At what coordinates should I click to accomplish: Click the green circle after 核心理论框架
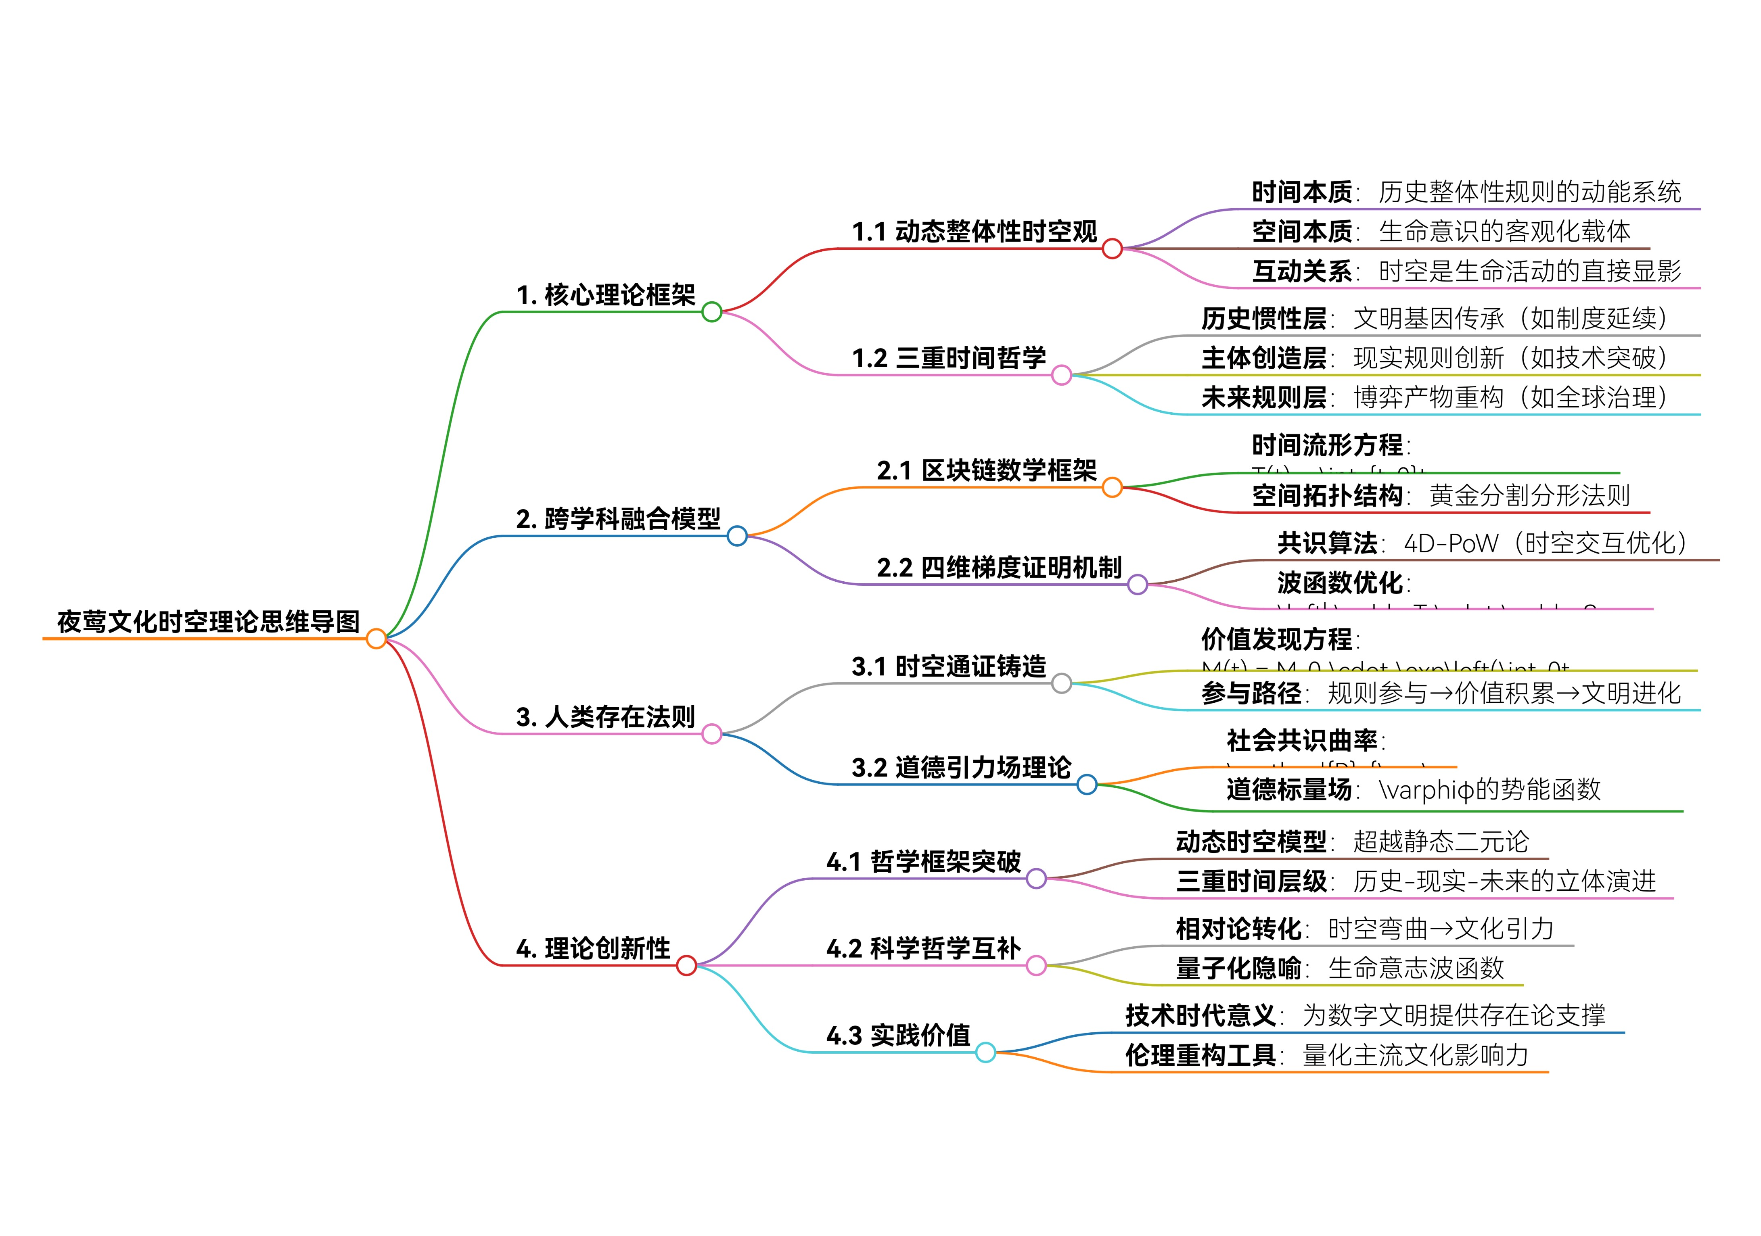tap(712, 311)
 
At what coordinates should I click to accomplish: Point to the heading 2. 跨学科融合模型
tap(618, 519)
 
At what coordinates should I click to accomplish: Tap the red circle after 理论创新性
tap(686, 965)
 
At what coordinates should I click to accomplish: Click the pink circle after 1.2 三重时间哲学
tap(1062, 375)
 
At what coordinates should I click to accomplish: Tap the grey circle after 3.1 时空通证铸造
tap(1062, 683)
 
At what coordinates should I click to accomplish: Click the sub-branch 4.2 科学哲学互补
tap(923, 948)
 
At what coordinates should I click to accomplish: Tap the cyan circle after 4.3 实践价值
tap(985, 1053)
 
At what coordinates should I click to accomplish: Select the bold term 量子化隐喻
tap(1238, 969)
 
